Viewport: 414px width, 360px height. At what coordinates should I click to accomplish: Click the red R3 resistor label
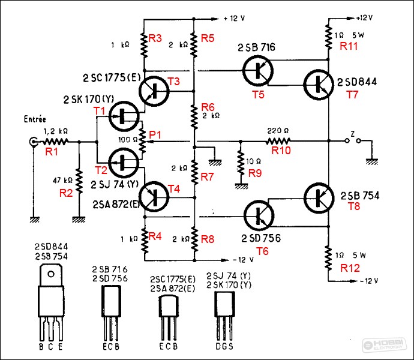pos(155,38)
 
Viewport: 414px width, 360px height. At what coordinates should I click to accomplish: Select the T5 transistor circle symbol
pos(257,71)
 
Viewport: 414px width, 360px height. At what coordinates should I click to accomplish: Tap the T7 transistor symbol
pos(319,85)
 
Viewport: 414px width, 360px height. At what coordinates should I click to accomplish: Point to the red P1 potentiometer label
pos(155,135)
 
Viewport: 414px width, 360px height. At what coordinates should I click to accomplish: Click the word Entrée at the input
pos(35,119)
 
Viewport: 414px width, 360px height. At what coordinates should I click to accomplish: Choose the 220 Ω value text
pos(278,130)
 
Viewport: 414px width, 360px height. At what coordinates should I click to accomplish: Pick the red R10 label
pos(281,150)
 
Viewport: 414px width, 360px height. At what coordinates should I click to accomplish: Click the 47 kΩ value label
pos(62,180)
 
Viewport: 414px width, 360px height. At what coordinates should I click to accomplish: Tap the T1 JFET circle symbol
pos(124,116)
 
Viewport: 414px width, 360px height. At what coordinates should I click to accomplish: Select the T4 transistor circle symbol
pos(154,197)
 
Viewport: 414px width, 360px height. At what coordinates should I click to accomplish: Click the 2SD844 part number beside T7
pos(357,82)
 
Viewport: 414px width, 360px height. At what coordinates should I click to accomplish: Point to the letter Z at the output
pos(352,134)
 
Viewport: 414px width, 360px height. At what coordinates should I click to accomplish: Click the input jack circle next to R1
pos(33,142)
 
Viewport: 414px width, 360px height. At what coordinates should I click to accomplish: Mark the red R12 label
pos(350,268)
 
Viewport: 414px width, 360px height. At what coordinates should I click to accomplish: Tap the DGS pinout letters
pos(224,346)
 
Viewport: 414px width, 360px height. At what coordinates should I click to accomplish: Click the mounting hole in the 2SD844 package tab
pos(51,274)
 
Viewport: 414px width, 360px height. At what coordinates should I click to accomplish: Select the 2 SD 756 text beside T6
pos(261,238)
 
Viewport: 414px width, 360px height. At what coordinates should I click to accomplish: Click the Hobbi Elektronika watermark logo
pos(385,344)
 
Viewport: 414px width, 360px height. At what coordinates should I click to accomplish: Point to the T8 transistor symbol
pos(319,198)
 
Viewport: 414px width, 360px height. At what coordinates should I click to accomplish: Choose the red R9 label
pos(255,173)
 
